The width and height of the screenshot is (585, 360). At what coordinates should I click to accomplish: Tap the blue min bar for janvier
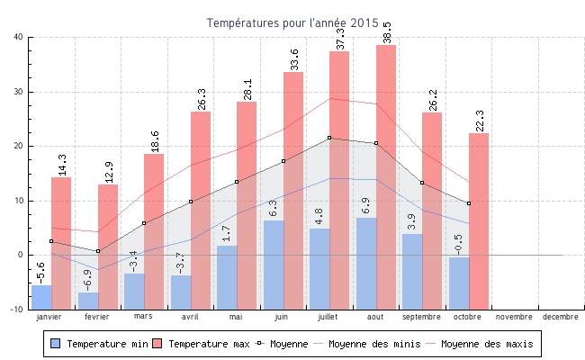(x=41, y=296)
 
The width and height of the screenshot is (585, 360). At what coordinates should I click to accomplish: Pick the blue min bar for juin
(x=274, y=265)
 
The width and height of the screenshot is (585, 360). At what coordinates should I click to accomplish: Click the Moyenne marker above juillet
(x=329, y=138)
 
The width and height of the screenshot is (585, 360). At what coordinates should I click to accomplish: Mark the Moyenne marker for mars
(x=144, y=223)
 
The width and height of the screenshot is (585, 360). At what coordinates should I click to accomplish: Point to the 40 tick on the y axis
(x=19, y=37)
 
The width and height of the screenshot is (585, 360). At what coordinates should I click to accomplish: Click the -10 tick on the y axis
(x=17, y=309)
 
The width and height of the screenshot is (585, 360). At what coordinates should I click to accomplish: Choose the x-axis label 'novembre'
(x=514, y=317)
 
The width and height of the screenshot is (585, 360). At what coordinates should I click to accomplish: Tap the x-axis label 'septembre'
(x=422, y=317)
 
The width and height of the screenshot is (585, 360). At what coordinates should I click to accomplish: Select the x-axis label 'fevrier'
(x=97, y=317)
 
